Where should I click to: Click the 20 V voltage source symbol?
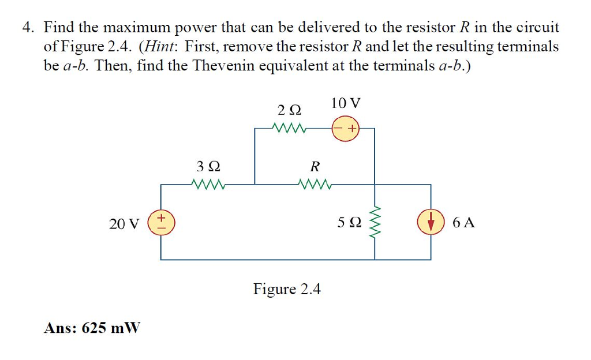pyautogui.click(x=160, y=223)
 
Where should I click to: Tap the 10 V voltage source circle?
pyautogui.click(x=345, y=129)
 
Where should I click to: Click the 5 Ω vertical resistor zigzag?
pyautogui.click(x=376, y=223)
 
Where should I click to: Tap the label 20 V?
pyautogui.click(x=124, y=223)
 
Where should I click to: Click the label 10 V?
pyautogui.click(x=346, y=104)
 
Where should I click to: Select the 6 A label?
pyautogui.click(x=464, y=223)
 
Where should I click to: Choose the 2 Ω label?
pyautogui.click(x=289, y=110)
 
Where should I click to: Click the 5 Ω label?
pyautogui.click(x=350, y=223)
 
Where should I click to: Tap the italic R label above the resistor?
pyautogui.click(x=315, y=167)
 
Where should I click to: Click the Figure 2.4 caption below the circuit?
pyautogui.click(x=287, y=288)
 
